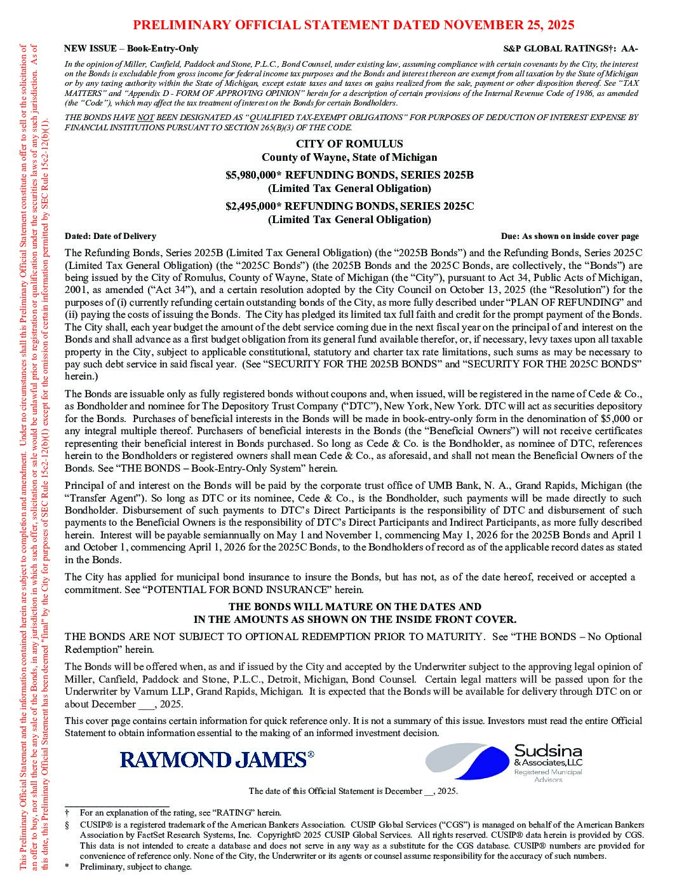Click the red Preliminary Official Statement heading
pos(354,25)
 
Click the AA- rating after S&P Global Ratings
pos(630,49)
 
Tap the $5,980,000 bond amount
pos(254,175)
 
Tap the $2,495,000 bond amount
pos(254,206)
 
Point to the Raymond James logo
pos(213,759)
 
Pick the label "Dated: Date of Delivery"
pos(111,236)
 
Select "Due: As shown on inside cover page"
pos(570,236)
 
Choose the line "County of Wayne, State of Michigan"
pos(349,157)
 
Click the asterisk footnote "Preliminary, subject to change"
pos(135,866)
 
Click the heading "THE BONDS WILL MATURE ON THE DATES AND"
pos(354,607)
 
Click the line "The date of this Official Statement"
pos(352,791)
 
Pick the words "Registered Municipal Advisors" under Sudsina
pos(548,775)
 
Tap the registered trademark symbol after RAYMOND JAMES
pos(311,754)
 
